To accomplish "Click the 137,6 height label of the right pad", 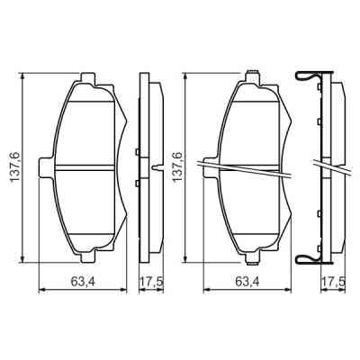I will coord(177,164).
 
